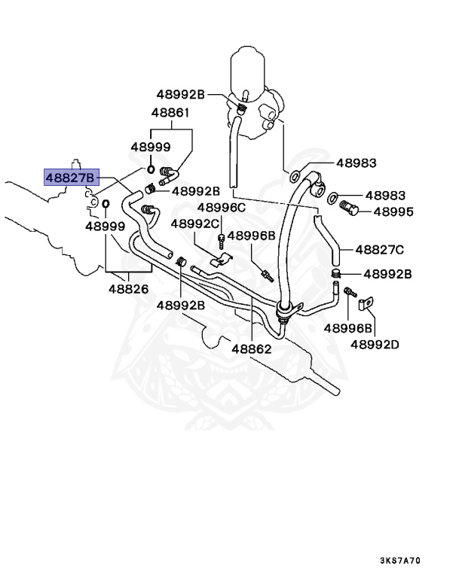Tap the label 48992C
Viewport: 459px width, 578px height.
(194, 224)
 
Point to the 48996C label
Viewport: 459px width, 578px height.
(222, 207)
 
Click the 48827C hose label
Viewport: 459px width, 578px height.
(379, 249)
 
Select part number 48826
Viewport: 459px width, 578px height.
(128, 288)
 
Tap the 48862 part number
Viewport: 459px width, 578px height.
(252, 348)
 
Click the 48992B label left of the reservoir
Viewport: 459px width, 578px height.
(181, 94)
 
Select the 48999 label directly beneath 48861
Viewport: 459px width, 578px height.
(151, 148)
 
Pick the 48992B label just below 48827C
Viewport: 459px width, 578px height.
(387, 274)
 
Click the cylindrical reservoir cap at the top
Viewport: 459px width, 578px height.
(246, 67)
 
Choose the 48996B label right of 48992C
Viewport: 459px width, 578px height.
(252, 236)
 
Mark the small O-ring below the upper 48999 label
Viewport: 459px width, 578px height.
(151, 169)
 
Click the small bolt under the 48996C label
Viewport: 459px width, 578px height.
(221, 241)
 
